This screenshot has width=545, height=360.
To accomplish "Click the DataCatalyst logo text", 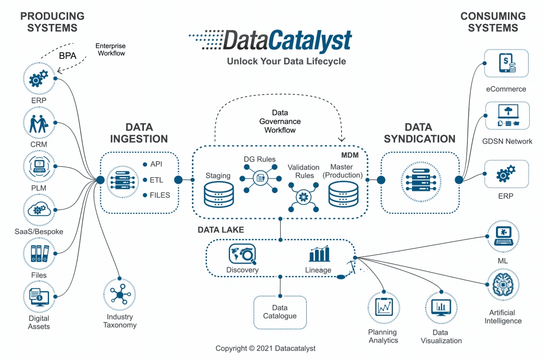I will coord(281,41).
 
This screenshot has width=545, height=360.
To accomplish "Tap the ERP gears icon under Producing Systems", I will coord(39,79).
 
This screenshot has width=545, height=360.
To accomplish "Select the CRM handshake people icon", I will coord(39,123).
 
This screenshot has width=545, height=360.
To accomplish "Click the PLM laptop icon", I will coord(39,167).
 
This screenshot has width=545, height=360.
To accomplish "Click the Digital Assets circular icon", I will coord(39,297).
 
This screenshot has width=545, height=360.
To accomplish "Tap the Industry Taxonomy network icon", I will coord(119,295).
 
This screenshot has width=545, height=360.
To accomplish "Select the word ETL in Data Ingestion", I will coord(156,179).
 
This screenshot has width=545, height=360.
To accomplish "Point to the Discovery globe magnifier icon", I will coord(242,254).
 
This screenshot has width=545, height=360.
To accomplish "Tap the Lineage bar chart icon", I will coord(319,254).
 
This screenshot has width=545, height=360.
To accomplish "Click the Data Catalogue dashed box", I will coord(280,312).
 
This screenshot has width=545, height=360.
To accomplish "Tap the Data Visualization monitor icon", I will coord(441,308).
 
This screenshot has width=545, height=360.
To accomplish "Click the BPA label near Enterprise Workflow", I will coord(68,56).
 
